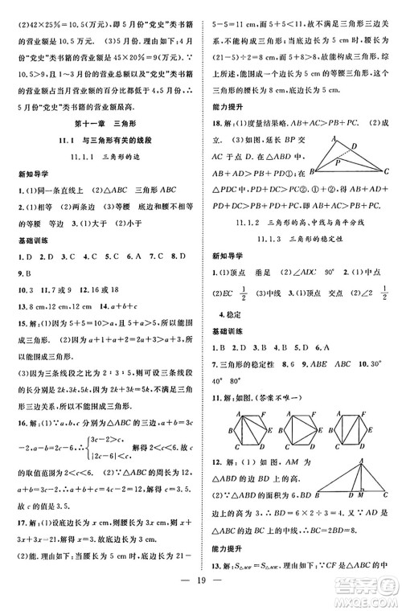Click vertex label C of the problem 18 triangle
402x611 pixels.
(388, 170)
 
